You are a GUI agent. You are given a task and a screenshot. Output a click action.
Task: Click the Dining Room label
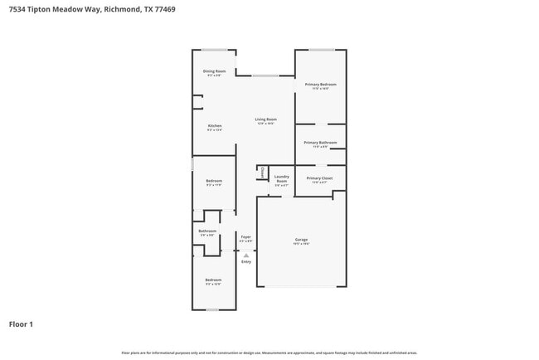point(215,72)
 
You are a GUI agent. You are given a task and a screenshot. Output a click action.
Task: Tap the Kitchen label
point(215,127)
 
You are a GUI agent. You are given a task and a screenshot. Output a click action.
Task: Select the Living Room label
point(265,121)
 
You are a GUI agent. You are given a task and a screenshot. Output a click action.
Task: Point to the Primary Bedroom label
point(320,85)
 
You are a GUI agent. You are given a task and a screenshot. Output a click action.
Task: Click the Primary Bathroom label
point(320,144)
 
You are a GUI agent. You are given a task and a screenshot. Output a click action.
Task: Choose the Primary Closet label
point(320,179)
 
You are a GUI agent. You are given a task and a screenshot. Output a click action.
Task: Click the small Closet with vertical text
point(263,173)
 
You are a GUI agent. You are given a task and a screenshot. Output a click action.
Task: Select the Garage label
point(301,241)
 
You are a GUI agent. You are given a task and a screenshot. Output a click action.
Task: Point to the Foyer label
point(246,238)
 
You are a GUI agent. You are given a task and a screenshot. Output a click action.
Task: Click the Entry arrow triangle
point(246,255)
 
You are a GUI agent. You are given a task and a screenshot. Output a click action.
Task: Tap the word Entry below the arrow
point(246,262)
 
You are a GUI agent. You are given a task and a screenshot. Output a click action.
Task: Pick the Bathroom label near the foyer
point(207,232)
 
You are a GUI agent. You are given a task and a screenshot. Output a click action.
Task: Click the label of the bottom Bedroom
point(214,281)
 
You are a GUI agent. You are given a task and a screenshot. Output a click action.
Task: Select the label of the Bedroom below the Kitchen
point(214,182)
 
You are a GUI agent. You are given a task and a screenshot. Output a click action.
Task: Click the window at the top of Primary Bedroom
point(322,50)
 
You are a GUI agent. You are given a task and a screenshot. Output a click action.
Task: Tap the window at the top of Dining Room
point(215,50)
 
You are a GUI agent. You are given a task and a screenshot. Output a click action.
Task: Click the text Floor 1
point(21,324)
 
